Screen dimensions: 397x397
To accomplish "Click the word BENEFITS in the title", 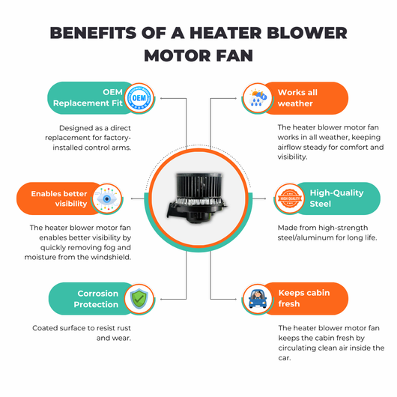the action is pyautogui.click(x=93, y=33).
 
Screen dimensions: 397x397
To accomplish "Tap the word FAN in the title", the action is pyautogui.click(x=234, y=55).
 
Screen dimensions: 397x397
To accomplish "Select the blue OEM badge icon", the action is pyautogui.click(x=139, y=98).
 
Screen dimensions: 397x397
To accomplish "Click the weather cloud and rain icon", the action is pyautogui.click(x=257, y=98).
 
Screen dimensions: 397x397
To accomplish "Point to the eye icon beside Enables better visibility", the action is pyautogui.click(x=107, y=198).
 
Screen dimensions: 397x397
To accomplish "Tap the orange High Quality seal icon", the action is pyautogui.click(x=290, y=198).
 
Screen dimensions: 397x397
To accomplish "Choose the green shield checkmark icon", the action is pyautogui.click(x=139, y=299).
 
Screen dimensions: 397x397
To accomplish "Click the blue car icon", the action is pyautogui.click(x=258, y=299).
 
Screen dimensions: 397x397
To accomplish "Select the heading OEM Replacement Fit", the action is pyautogui.click(x=88, y=97).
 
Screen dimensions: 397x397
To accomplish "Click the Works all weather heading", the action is pyautogui.click(x=297, y=98).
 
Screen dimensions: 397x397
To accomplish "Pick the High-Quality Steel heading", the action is pyautogui.click(x=337, y=198).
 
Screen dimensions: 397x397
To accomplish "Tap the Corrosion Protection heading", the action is pyautogui.click(x=96, y=299).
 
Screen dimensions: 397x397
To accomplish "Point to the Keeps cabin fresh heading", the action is pyautogui.click(x=304, y=298).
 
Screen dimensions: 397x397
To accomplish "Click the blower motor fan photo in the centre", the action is pyautogui.click(x=198, y=198).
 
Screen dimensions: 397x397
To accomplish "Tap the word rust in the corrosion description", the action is pyautogui.click(x=124, y=328).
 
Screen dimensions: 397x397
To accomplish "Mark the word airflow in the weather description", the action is pyautogui.click(x=289, y=147).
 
